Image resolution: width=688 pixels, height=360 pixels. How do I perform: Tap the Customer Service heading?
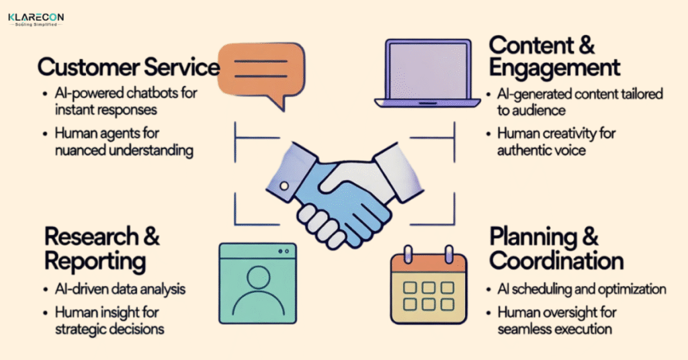coord(128,67)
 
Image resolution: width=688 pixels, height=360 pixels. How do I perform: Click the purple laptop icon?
coord(427,73)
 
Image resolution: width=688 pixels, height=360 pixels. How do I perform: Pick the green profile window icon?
coord(257,283)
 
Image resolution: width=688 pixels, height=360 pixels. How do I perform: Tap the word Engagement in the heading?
coord(554,67)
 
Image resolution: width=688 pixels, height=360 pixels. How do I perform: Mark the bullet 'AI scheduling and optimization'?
coord(582,289)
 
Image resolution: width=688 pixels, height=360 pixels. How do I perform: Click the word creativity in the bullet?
coord(569,134)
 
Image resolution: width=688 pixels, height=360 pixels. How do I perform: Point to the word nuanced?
coord(79,150)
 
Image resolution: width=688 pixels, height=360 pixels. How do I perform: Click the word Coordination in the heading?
coord(556,260)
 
